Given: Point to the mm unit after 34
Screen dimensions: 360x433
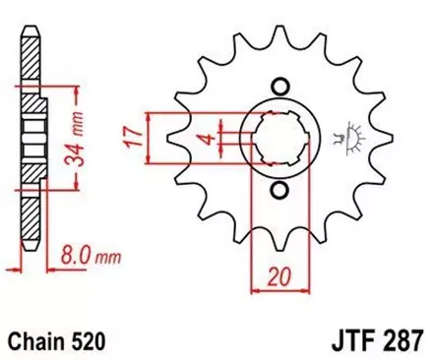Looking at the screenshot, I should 81,97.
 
